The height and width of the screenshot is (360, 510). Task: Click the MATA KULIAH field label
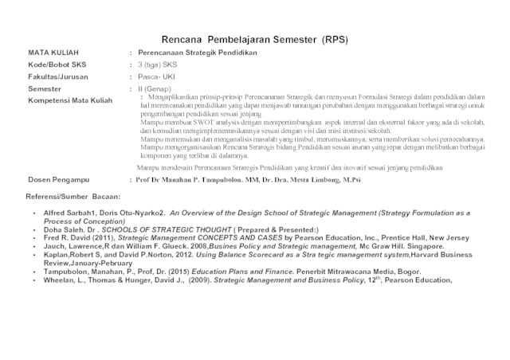click(x=53, y=52)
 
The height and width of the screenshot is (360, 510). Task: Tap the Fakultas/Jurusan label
click(x=58, y=76)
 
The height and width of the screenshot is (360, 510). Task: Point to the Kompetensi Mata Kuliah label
click(x=70, y=100)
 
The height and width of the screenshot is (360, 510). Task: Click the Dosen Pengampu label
click(x=58, y=180)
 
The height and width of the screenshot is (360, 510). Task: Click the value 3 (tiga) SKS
click(x=158, y=64)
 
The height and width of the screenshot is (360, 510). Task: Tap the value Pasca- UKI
click(x=155, y=76)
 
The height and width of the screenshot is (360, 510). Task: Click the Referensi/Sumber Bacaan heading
click(x=73, y=196)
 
